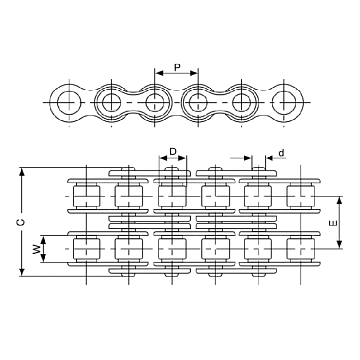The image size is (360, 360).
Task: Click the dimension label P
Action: tap(177, 67)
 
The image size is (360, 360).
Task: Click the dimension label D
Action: tap(173, 152)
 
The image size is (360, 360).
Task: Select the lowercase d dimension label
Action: tap(281, 153)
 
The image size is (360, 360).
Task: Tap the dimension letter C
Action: tap(21, 223)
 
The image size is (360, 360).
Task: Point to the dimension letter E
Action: tap(334, 223)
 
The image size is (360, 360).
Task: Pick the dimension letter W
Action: tap(36, 249)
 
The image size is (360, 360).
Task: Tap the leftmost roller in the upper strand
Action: tap(87, 196)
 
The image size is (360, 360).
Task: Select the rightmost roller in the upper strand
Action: tap(300, 196)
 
